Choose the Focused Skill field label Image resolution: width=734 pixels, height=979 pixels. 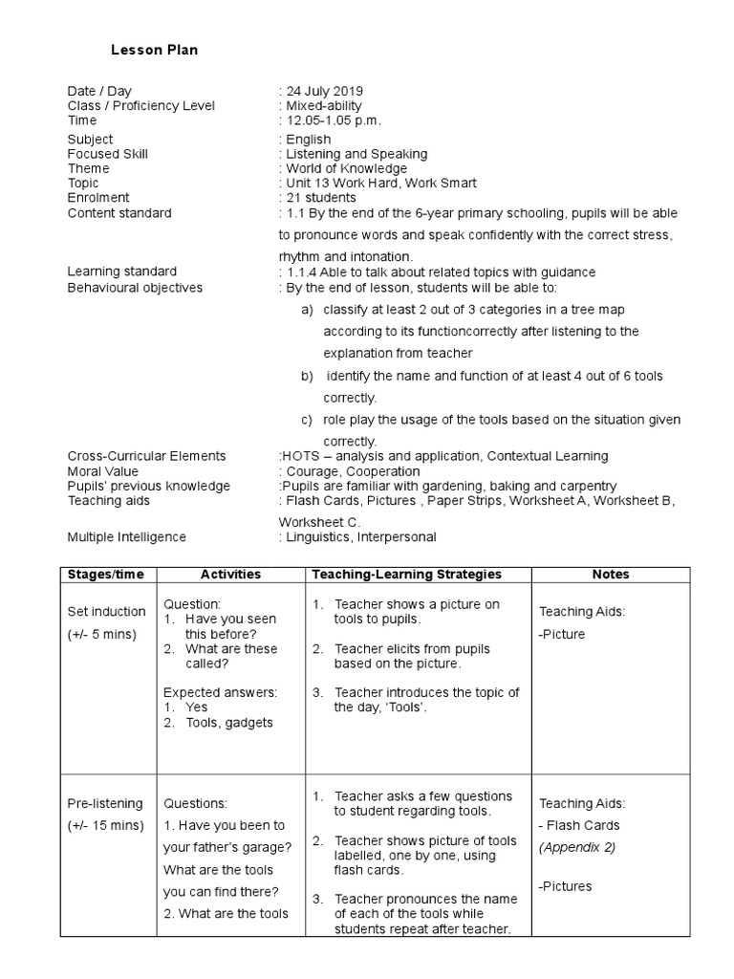(x=108, y=154)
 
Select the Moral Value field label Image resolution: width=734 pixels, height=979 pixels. (x=103, y=471)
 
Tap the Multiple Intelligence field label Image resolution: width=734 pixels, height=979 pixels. (x=127, y=537)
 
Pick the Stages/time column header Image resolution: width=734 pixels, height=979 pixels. (x=107, y=574)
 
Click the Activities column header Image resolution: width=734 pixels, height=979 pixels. (x=230, y=574)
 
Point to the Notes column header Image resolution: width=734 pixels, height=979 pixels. (x=611, y=574)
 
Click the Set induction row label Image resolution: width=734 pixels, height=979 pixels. (x=107, y=612)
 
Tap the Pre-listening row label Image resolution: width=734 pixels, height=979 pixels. (x=105, y=804)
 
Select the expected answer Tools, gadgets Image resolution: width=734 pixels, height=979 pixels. (x=229, y=723)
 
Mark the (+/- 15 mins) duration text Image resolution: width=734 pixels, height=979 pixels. (x=105, y=825)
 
